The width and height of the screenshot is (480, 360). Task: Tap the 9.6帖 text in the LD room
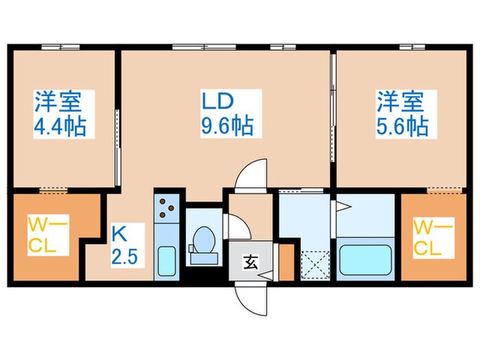(227, 125)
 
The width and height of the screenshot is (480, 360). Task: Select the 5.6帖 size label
(401, 125)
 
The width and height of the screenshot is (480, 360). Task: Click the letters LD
(217, 101)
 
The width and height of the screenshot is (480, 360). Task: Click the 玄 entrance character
(251, 261)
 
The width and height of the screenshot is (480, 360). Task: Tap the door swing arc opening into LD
(251, 173)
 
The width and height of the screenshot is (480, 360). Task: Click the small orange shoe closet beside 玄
(286, 261)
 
